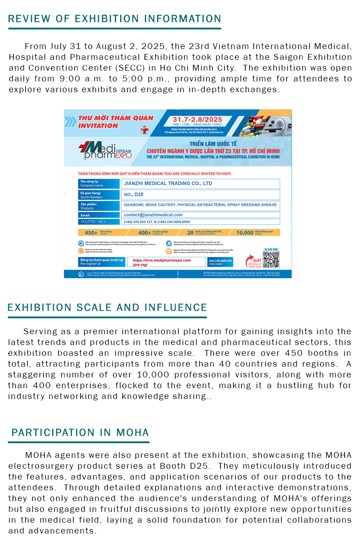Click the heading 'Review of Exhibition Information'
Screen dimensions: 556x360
[x=115, y=19]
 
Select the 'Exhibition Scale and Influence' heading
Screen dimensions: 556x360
[x=107, y=308]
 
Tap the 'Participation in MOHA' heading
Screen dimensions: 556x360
[x=80, y=433]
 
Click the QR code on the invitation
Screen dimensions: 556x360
[x=271, y=259]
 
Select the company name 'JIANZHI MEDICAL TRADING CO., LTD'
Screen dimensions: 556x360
[x=168, y=184]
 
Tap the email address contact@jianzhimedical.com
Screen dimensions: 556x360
[x=153, y=215]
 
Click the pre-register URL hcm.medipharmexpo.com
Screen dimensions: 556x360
[x=159, y=260]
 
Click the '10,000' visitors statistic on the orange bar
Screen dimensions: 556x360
[x=245, y=233]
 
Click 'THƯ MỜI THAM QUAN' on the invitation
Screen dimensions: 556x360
[x=116, y=118]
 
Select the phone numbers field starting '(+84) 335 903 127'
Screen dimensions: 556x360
[x=157, y=222]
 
